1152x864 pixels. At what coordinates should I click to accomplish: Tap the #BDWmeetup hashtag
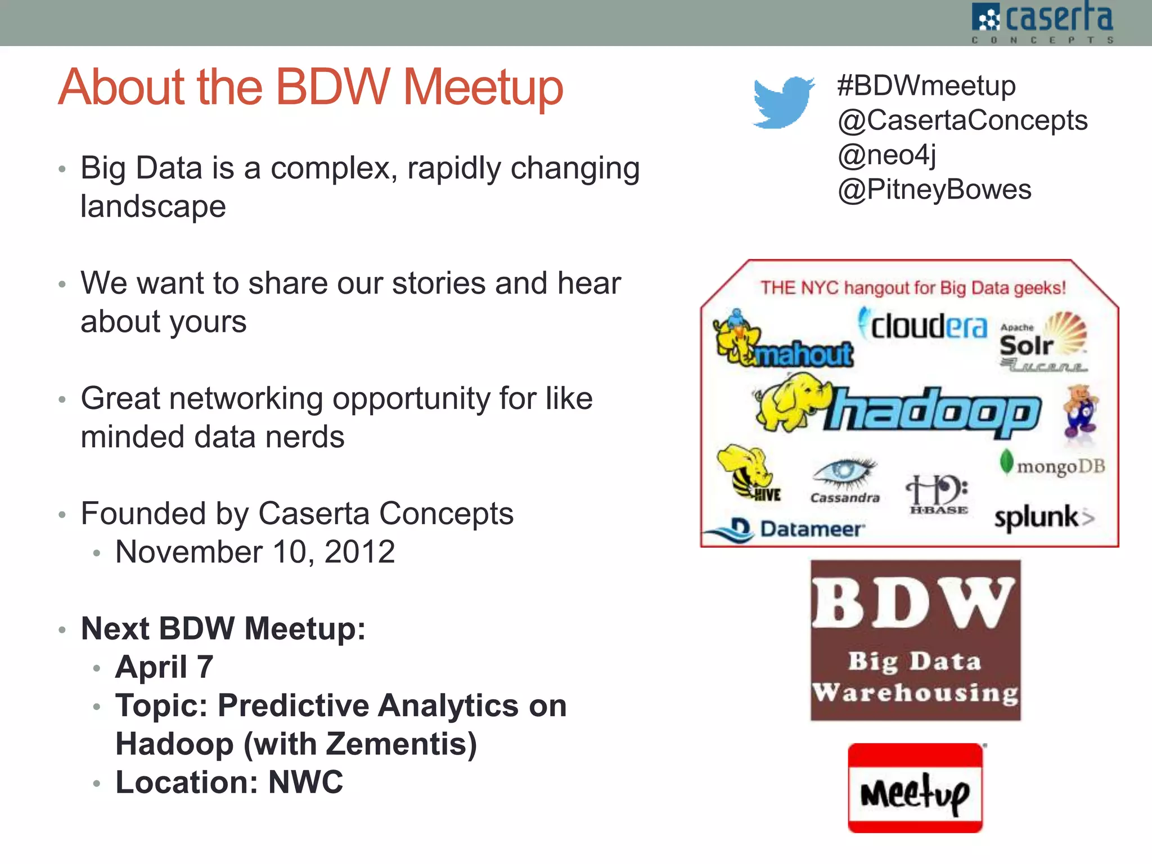click(926, 85)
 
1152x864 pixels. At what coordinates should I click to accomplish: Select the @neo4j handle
click(886, 155)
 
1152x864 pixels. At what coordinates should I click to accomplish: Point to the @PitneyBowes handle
click(934, 190)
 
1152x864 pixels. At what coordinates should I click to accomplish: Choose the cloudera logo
click(922, 325)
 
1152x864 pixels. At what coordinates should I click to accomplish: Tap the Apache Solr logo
click(1042, 341)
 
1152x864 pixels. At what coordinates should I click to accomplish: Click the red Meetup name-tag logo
click(915, 787)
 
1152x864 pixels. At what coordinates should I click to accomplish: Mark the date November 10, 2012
click(255, 552)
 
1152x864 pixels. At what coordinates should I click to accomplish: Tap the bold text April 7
click(164, 667)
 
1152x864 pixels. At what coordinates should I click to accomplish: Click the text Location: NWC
click(229, 782)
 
